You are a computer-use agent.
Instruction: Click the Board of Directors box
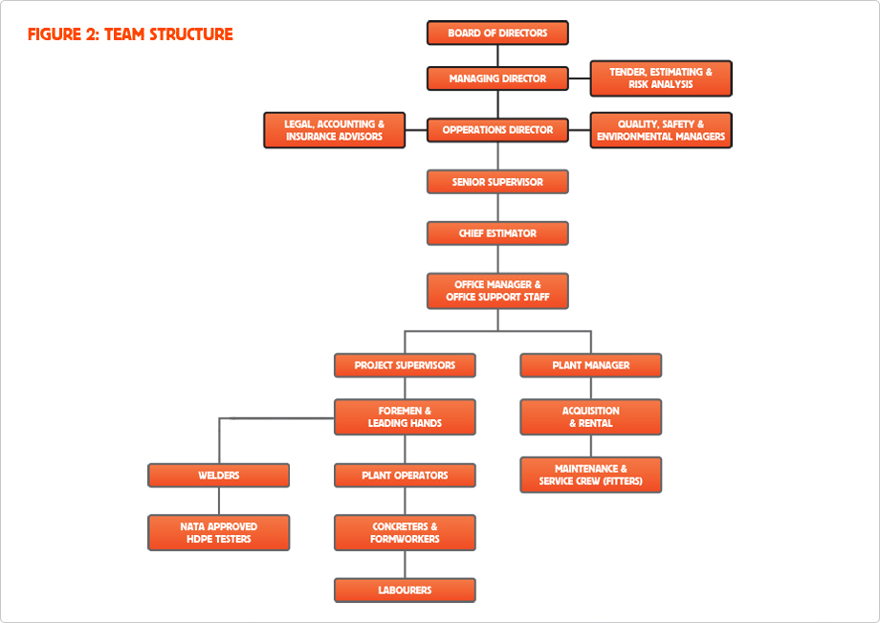(x=497, y=33)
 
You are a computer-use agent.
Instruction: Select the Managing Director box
(x=497, y=78)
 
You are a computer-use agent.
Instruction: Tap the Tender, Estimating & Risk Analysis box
(x=661, y=78)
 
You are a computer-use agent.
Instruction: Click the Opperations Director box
(x=497, y=130)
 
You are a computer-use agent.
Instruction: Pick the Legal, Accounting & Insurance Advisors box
(x=334, y=130)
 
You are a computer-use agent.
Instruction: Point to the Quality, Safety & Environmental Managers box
(x=661, y=130)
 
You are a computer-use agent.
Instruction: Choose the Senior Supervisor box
(x=497, y=182)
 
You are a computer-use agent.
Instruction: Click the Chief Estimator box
(x=497, y=234)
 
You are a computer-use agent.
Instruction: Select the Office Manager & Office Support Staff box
(x=497, y=291)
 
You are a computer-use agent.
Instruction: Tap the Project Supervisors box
(x=405, y=366)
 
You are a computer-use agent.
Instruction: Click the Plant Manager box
(x=590, y=366)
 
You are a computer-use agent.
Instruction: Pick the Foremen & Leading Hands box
(x=405, y=417)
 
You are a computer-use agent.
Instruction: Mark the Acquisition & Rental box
(x=590, y=417)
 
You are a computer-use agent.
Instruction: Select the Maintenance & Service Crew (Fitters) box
(x=590, y=475)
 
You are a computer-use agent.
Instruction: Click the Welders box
(x=218, y=476)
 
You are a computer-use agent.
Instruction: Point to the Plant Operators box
(x=405, y=476)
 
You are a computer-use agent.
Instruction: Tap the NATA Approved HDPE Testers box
(x=218, y=533)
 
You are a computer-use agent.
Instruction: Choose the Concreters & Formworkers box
(x=405, y=533)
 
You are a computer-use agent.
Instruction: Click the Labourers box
(x=405, y=590)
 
